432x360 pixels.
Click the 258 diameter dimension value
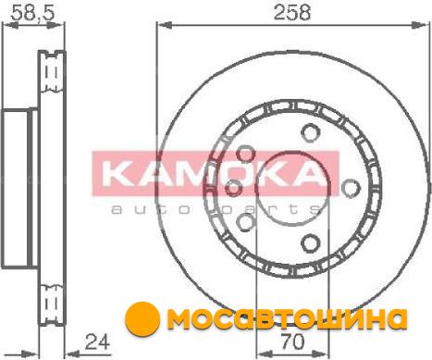(x=292, y=13)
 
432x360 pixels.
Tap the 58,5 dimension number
(x=32, y=13)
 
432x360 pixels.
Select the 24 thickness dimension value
(x=97, y=341)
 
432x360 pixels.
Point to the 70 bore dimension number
(x=292, y=341)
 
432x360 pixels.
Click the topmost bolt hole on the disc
(x=311, y=132)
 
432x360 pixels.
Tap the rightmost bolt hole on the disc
(x=352, y=188)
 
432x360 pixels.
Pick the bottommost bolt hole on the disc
(x=311, y=243)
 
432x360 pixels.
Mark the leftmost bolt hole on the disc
(x=233, y=188)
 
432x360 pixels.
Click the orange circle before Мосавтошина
(x=142, y=319)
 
